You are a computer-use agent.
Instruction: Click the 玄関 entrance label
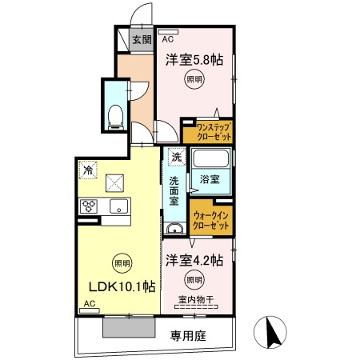(x=142, y=40)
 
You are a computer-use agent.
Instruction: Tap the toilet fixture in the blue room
(x=116, y=118)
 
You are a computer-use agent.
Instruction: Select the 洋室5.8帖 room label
(x=194, y=59)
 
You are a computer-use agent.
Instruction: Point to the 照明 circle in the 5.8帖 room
(x=194, y=79)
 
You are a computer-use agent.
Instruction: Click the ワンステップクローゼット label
(x=214, y=131)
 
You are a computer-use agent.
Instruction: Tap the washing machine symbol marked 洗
(x=176, y=157)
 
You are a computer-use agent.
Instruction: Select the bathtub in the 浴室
(x=211, y=158)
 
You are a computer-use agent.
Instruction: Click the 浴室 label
(x=210, y=179)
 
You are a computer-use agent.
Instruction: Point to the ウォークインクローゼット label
(x=210, y=220)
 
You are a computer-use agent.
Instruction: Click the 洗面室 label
(x=174, y=191)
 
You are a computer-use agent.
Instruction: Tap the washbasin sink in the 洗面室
(x=174, y=229)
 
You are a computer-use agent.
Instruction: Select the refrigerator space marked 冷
(x=88, y=170)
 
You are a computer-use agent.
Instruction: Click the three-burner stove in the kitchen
(x=89, y=206)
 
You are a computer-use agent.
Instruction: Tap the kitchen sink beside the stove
(x=119, y=206)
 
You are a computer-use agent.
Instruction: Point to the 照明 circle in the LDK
(x=122, y=263)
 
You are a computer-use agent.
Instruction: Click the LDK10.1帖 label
(x=122, y=286)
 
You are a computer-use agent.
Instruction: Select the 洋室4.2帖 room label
(x=194, y=260)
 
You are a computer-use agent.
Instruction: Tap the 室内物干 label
(x=196, y=300)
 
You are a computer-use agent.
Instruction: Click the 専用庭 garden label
(x=188, y=335)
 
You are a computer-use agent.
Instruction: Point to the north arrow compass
(x=270, y=332)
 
